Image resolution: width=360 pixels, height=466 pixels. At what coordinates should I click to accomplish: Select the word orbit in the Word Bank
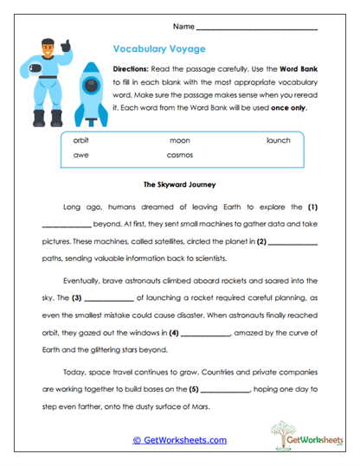point(81,140)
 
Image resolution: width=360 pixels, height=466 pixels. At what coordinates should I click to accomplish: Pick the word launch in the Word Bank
point(278,140)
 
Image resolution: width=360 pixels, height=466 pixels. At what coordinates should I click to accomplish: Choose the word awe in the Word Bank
point(80,156)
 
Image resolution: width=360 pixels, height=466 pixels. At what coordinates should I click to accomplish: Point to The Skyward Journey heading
point(178,184)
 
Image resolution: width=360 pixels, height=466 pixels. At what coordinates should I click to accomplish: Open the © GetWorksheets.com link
point(179,440)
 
